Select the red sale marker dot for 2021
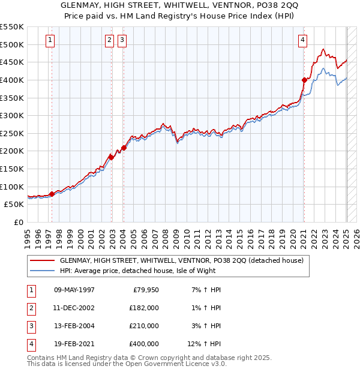[x=304, y=80]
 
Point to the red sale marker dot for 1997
[x=52, y=194]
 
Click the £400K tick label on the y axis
[x=12, y=80]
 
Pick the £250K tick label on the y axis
[x=12, y=133]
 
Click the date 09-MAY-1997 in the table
[x=74, y=290]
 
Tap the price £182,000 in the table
[x=144, y=308]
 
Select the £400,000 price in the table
[x=144, y=344]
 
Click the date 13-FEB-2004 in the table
[x=74, y=326]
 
